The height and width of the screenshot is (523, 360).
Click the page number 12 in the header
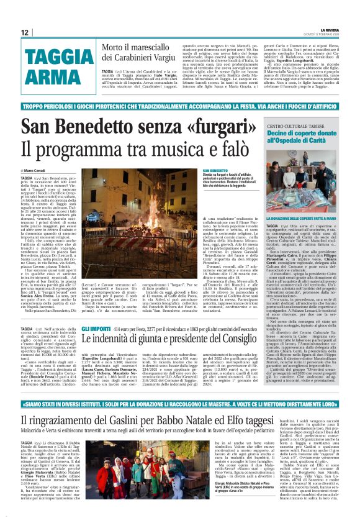pos(25,32)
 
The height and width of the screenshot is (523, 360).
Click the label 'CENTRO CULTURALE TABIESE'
pos(308,127)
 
